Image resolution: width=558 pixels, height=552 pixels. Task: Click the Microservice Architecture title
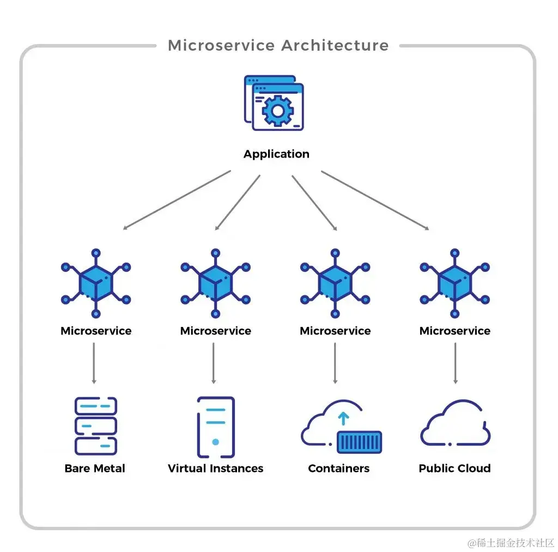(278, 46)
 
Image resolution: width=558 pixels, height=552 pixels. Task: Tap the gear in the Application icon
(278, 111)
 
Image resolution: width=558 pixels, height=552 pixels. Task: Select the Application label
(276, 154)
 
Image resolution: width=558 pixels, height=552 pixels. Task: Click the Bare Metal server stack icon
(96, 426)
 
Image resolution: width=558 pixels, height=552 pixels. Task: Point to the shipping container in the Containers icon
(360, 442)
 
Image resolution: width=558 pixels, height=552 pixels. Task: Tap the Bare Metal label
(95, 469)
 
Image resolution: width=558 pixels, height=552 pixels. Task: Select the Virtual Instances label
(216, 469)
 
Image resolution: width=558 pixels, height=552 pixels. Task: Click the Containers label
(339, 469)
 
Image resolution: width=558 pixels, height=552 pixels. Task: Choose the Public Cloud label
(455, 469)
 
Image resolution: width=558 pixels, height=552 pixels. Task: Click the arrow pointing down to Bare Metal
(94, 363)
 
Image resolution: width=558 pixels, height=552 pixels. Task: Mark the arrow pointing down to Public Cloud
(456, 363)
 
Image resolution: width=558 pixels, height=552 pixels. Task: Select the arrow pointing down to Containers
(335, 363)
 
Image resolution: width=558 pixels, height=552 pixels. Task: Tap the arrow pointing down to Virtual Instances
(214, 363)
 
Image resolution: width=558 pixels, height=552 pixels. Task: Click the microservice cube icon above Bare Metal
(96, 283)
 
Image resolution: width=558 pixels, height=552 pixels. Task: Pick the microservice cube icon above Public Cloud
(455, 283)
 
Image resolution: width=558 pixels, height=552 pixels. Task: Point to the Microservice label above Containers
(335, 331)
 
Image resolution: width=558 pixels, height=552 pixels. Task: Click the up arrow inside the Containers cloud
(343, 419)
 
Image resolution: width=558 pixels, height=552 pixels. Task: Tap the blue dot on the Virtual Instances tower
(215, 442)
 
